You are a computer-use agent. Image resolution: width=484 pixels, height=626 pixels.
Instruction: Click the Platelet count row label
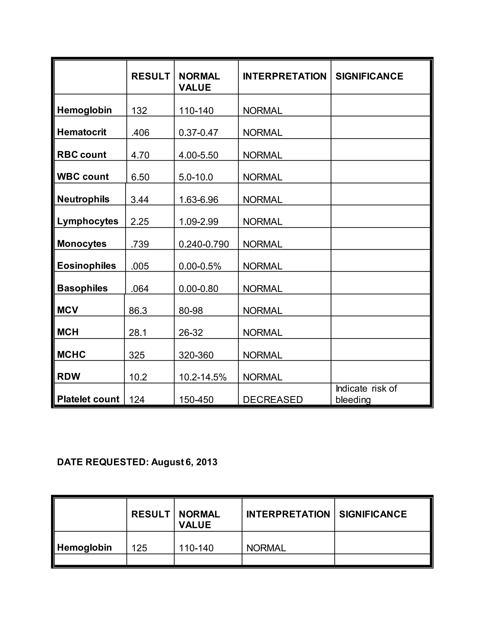click(88, 399)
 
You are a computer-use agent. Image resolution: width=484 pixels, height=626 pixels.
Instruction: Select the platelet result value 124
click(137, 399)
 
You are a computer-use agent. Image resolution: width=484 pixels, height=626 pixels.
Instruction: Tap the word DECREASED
click(273, 399)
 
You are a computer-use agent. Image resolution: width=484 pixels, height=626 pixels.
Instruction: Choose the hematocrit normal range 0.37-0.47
click(199, 133)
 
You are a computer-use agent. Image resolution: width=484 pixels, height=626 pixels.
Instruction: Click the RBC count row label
click(82, 155)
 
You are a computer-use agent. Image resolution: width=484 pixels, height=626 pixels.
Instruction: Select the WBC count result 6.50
click(140, 177)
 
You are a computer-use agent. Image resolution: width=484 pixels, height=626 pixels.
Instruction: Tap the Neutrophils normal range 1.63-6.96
click(199, 200)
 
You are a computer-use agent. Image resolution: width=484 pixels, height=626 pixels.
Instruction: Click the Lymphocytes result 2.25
click(140, 222)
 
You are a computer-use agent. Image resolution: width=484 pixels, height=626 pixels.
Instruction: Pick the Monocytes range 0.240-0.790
click(203, 244)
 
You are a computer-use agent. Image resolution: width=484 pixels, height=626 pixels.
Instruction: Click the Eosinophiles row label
click(86, 266)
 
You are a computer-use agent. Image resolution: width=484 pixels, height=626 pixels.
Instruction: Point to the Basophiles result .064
click(140, 289)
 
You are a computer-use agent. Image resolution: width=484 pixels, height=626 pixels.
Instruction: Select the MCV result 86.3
click(138, 311)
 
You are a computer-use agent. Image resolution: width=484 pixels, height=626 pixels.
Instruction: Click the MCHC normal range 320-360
click(196, 355)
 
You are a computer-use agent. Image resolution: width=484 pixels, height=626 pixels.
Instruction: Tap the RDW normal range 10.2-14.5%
click(203, 377)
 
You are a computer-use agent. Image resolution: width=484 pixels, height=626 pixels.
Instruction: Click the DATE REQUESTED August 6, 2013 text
click(137, 462)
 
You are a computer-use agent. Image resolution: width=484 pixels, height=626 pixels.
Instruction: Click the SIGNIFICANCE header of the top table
click(369, 76)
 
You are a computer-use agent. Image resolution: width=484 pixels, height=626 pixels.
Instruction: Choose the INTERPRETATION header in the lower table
click(288, 514)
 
